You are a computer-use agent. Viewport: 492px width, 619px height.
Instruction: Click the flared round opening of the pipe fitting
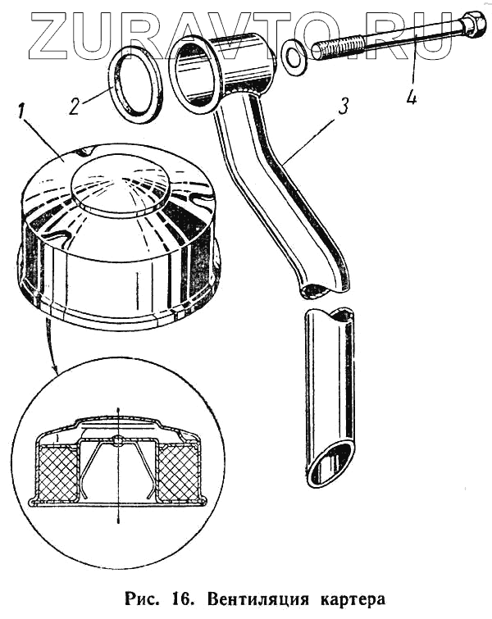tap(194, 76)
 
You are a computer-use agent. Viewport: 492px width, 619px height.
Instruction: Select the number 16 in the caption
tap(164, 597)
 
